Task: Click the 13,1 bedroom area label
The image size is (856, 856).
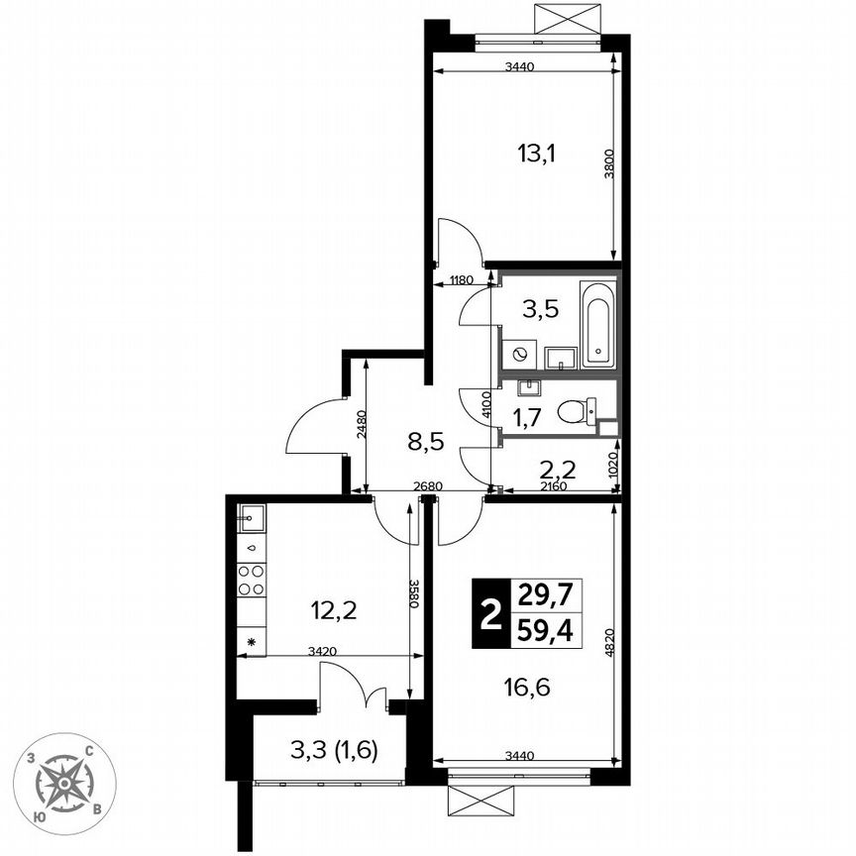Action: click(537, 154)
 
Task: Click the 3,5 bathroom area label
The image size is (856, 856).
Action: click(540, 308)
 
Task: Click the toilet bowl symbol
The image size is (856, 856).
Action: click(575, 409)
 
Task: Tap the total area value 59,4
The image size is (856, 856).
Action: click(545, 629)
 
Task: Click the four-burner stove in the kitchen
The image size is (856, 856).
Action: click(252, 580)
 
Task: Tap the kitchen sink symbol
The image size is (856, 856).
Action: click(252, 516)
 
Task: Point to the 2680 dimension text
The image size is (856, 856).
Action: click(428, 486)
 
